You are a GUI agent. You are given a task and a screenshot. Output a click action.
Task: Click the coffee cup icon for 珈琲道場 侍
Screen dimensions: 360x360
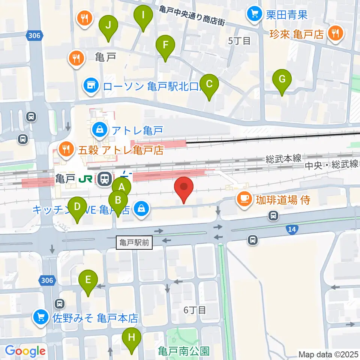[244, 199]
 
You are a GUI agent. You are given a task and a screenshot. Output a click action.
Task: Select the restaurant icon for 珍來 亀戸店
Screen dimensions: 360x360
[334, 34]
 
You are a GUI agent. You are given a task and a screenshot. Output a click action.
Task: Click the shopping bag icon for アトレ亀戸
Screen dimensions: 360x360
[100, 130]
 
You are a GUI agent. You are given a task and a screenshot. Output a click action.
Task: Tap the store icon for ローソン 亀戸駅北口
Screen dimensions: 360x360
[91, 86]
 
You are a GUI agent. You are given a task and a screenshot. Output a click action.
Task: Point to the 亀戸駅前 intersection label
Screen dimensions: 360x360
[135, 243]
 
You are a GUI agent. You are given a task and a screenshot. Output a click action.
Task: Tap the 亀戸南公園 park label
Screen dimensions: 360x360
[183, 351]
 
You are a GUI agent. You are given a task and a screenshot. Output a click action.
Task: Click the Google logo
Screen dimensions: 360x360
[25, 351]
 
